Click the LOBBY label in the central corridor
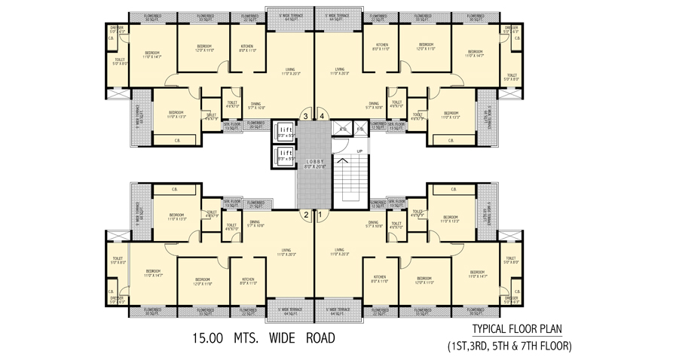tap(314, 163)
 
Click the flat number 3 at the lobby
tap(305, 116)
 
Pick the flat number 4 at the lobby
tap(322, 116)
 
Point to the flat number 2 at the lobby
tap(305, 215)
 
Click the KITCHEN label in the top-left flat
tap(247, 47)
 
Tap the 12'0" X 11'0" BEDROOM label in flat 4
tap(426, 47)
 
